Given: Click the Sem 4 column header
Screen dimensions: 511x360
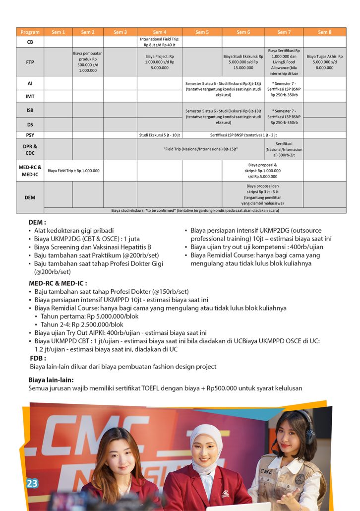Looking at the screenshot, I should [160, 32].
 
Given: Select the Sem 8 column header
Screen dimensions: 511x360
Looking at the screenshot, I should [324, 32].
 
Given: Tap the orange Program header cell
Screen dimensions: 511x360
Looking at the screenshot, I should [30, 32].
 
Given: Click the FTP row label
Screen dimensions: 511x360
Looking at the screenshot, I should [30, 63].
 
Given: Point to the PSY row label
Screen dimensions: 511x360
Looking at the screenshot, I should [30, 135].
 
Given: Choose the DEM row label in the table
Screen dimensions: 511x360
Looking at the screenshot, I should [30, 197].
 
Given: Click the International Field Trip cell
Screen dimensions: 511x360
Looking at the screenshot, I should [160, 42].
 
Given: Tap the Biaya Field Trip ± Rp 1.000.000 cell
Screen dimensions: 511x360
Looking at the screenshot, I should [73, 171].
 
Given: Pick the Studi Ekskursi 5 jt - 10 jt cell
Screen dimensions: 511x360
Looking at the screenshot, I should [160, 135].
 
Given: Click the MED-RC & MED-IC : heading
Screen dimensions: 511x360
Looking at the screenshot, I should [54, 283].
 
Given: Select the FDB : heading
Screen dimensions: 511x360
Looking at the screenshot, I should [38, 358].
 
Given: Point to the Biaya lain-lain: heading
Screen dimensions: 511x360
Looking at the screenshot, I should [51, 380].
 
